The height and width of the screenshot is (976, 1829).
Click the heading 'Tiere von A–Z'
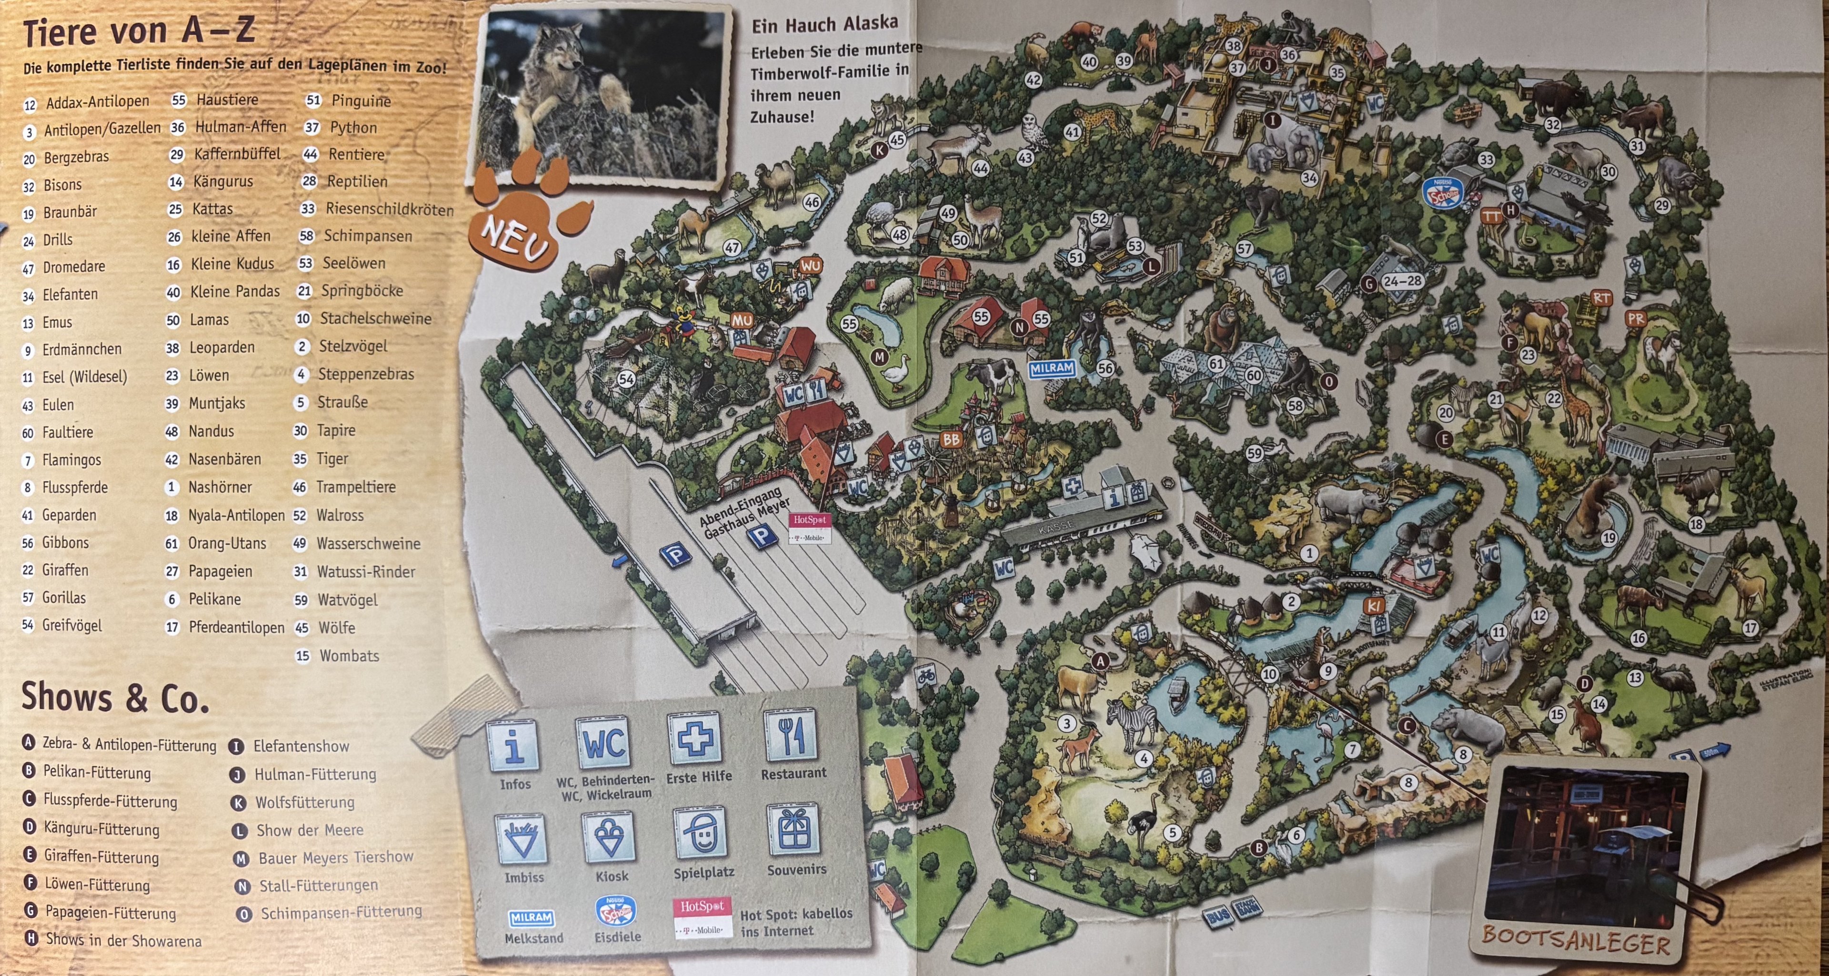139,32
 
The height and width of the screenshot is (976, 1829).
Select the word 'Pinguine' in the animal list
361,101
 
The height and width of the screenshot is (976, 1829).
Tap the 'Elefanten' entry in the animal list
70,294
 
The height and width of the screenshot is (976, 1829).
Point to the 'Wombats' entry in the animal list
349,656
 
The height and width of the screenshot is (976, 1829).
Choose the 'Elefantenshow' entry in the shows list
301,746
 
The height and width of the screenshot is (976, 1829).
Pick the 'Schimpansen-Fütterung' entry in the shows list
341,913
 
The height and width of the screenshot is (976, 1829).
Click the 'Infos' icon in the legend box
514,745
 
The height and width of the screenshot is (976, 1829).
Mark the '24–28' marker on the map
1402,281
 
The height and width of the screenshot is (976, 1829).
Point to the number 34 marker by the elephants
1308,178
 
